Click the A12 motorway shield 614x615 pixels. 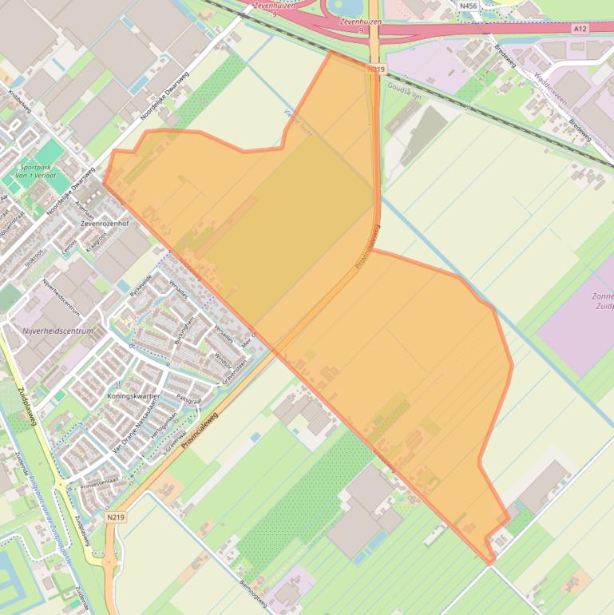click(x=580, y=28)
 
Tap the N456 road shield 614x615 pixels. click(x=469, y=6)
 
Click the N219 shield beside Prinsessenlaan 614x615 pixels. click(x=115, y=517)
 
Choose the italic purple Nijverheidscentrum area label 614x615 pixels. click(x=58, y=331)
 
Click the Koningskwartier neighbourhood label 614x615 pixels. click(x=133, y=396)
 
